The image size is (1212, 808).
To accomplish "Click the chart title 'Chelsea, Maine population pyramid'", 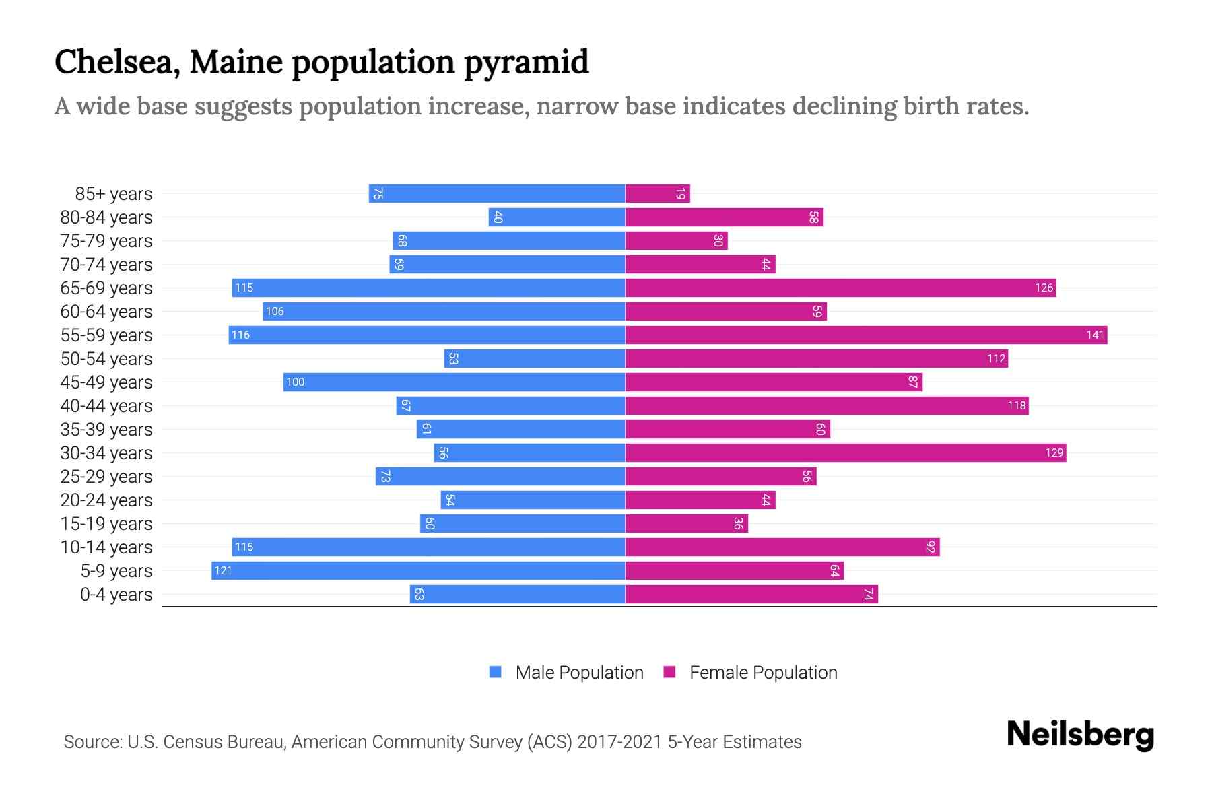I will click(x=321, y=62).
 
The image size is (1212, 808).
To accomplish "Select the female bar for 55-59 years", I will click(x=866, y=335).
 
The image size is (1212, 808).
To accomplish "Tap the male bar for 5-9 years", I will click(x=418, y=570).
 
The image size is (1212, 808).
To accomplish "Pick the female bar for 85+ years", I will click(x=657, y=194).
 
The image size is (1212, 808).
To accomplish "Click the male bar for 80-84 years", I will click(x=557, y=217).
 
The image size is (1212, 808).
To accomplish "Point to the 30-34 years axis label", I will click(x=106, y=453).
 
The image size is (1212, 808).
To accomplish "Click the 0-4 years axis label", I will click(x=116, y=595).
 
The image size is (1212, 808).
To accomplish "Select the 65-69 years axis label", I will click(x=106, y=288).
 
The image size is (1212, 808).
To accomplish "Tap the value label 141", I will click(x=1095, y=335).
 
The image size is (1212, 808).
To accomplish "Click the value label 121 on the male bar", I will click(x=223, y=570).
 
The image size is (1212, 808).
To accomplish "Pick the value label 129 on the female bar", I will click(x=1054, y=453).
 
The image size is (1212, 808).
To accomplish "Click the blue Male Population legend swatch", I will click(x=496, y=672).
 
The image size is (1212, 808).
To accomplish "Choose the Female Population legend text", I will click(x=763, y=672).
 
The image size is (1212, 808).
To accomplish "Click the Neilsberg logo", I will click(x=1080, y=735).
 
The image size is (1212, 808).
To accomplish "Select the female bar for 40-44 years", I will click(x=827, y=405).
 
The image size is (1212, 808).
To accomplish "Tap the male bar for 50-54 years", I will click(x=535, y=358).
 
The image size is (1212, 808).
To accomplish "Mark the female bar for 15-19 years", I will click(x=686, y=523).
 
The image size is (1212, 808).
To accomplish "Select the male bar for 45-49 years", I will click(x=454, y=382).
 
